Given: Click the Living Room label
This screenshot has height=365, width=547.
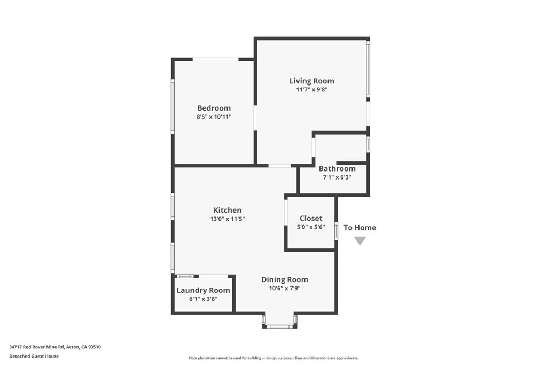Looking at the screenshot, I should point(311,81).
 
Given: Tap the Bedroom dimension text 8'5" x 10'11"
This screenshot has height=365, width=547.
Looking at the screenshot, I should point(214,117).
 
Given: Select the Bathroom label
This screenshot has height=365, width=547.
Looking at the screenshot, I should point(337,169).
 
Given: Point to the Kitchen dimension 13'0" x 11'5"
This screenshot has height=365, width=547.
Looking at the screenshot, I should point(228,219).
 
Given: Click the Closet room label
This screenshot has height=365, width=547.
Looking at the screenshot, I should point(311,219).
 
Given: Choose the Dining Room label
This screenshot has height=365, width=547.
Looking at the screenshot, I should point(284,279).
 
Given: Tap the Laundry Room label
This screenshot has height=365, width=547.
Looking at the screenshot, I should point(203,291).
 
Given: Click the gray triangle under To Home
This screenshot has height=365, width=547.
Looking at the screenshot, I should point(360,241).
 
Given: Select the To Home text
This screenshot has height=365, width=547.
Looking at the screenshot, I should point(360,228).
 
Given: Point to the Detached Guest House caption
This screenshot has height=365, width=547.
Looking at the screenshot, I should point(34,356).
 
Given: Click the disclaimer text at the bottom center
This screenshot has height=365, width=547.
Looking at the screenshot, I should point(273,358).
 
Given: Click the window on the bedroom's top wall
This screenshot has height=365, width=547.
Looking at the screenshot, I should point(215,59).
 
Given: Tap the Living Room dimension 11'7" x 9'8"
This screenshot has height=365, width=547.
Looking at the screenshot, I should point(311,90).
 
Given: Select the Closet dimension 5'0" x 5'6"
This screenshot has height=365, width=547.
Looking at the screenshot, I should point(311,227).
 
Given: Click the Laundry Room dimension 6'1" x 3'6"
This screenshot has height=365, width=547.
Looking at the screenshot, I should point(203,299).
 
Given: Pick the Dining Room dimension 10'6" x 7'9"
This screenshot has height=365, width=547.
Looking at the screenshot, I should point(284,289).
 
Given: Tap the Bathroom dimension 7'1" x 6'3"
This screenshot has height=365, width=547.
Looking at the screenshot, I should point(337,177).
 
